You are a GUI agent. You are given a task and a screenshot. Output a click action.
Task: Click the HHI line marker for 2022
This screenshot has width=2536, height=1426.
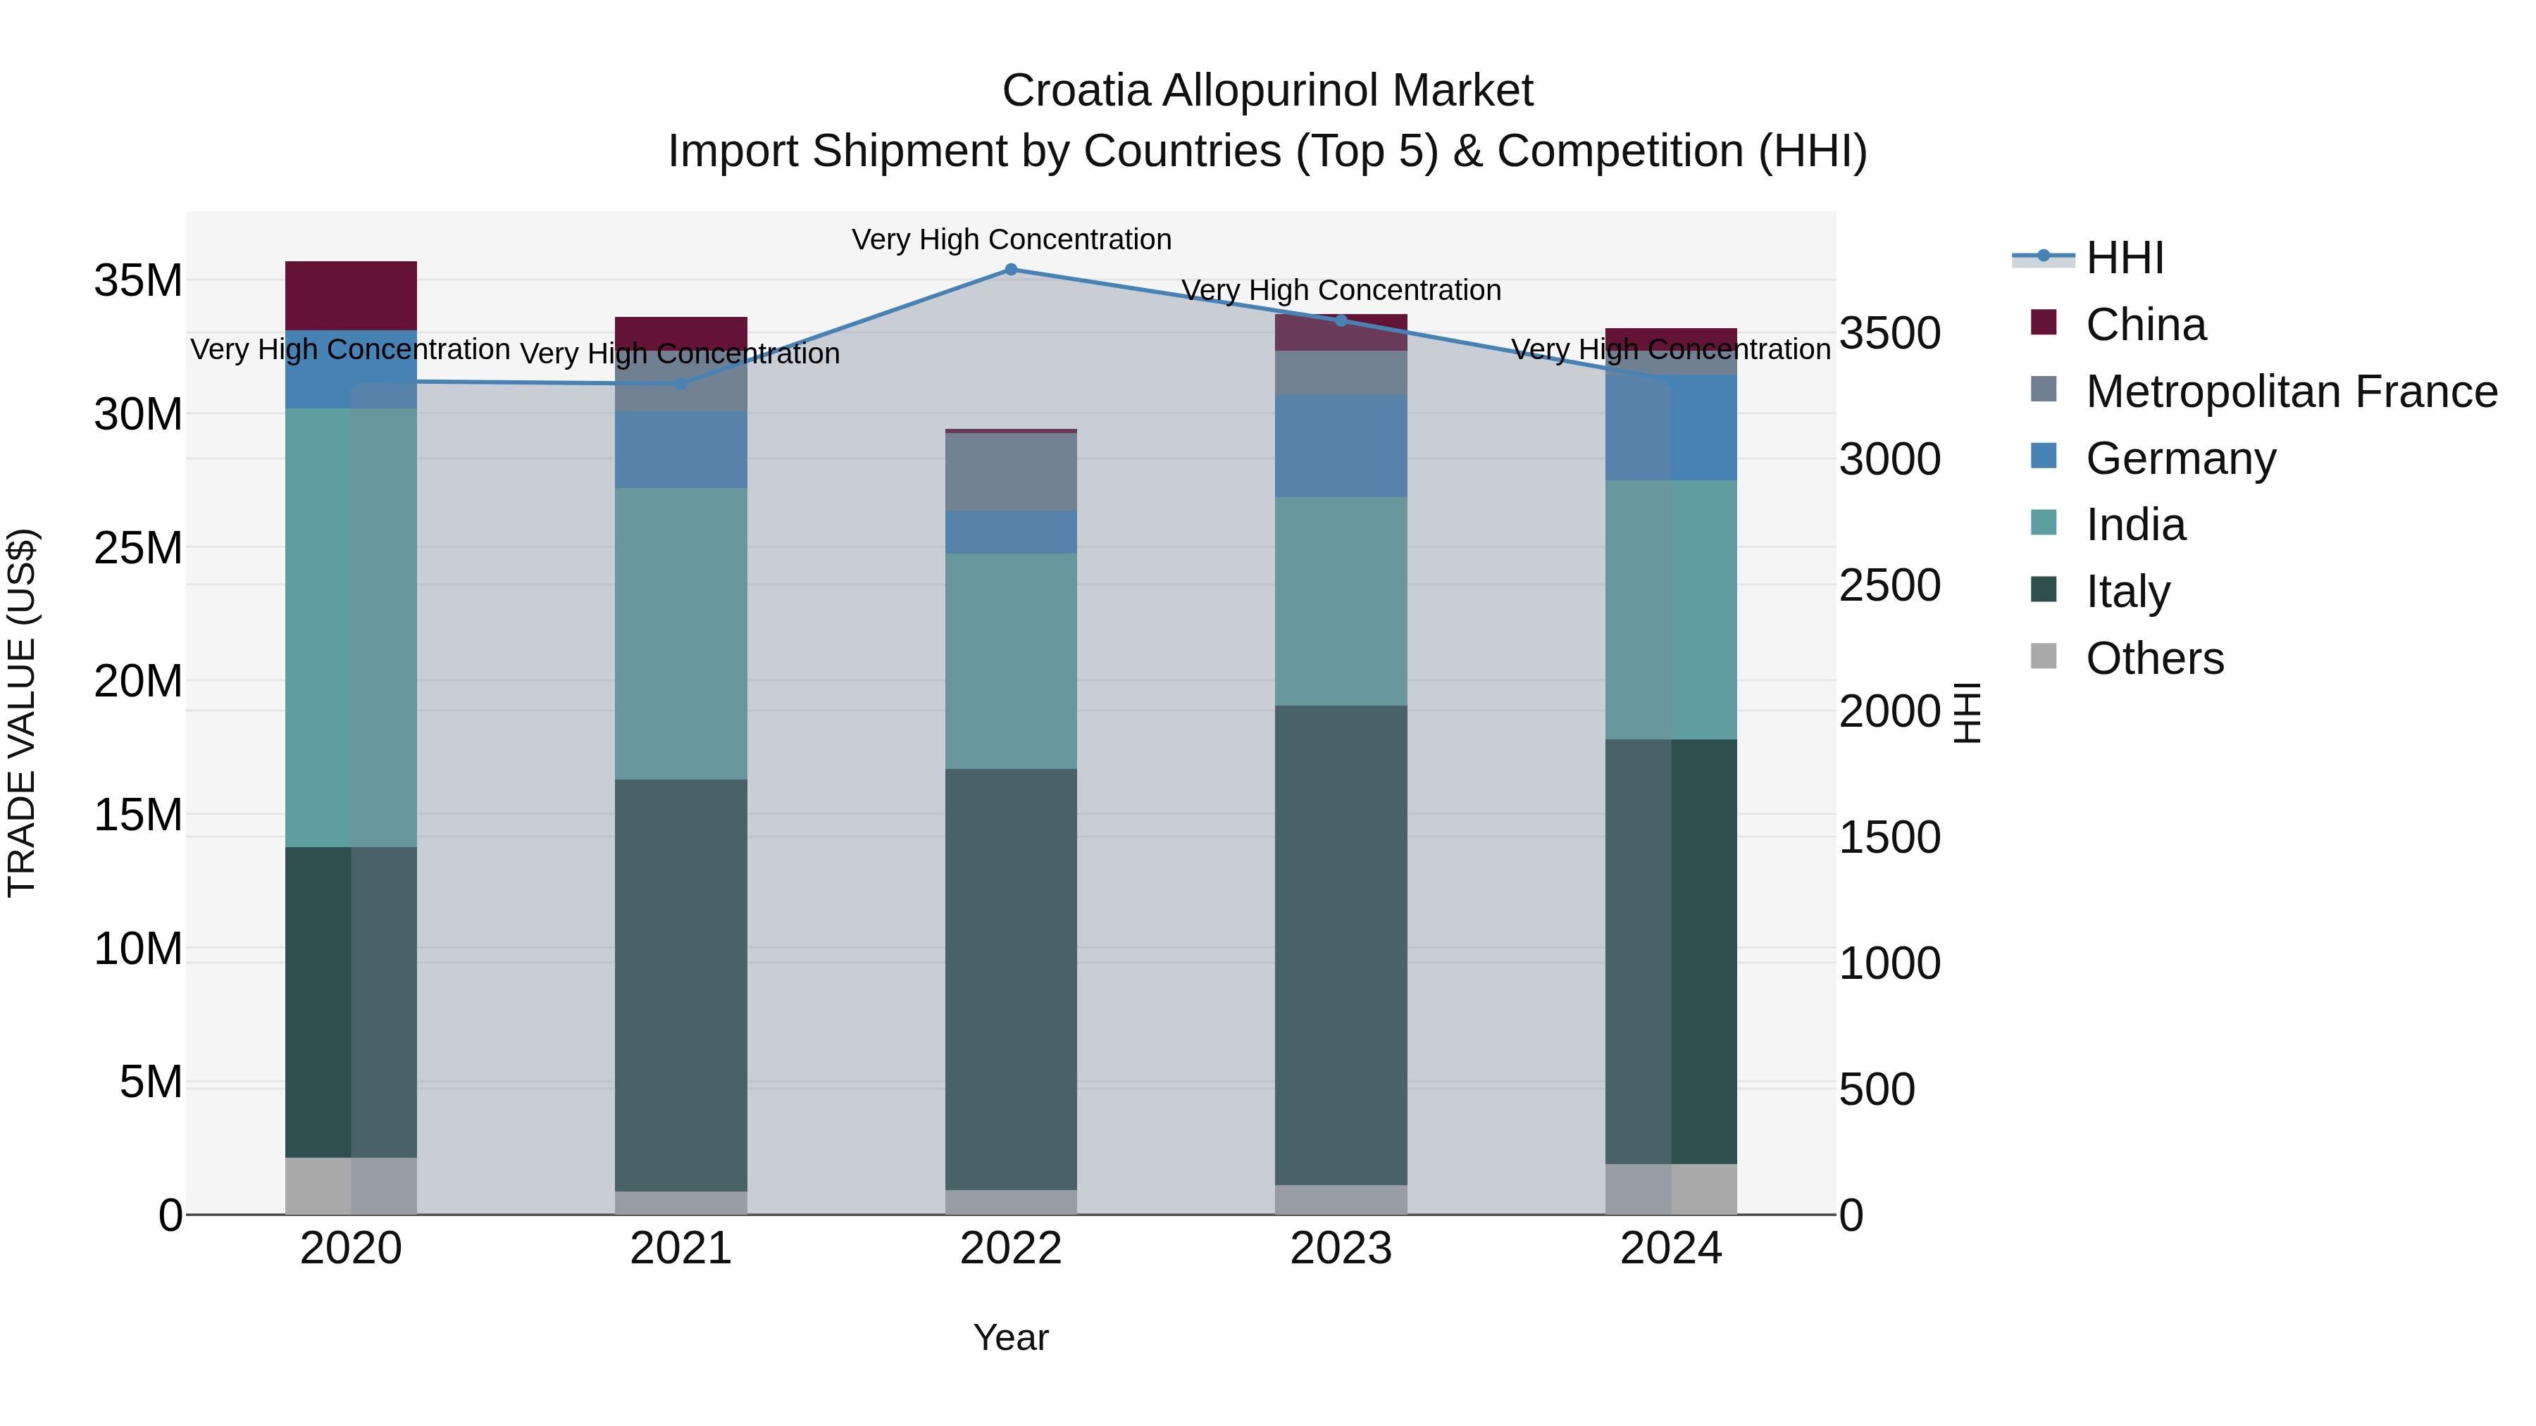point(1011,270)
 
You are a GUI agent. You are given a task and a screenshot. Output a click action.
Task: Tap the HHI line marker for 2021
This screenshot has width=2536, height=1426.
point(681,384)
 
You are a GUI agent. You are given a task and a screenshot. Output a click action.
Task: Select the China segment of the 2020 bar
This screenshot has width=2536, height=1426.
point(352,295)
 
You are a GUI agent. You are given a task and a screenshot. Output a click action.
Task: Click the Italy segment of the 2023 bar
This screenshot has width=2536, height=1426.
point(1341,945)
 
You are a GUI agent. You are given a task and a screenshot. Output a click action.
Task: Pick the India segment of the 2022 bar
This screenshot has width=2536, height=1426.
point(1011,661)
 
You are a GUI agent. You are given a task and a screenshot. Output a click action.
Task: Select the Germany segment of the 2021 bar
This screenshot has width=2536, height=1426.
point(681,450)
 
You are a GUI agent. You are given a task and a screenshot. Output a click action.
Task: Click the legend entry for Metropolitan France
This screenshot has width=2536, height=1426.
point(2291,392)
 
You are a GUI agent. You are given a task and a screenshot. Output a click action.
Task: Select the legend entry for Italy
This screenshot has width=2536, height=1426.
point(2127,592)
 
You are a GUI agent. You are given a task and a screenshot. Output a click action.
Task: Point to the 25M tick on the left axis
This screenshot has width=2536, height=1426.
point(138,548)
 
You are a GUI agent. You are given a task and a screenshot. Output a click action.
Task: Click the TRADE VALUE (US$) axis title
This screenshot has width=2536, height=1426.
point(22,713)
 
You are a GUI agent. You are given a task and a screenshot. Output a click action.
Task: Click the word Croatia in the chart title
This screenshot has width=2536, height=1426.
point(1075,92)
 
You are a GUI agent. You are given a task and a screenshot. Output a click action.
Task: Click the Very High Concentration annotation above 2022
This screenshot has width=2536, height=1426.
point(1011,239)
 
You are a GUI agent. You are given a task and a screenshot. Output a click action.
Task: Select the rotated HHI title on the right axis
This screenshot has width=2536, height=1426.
point(1966,713)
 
